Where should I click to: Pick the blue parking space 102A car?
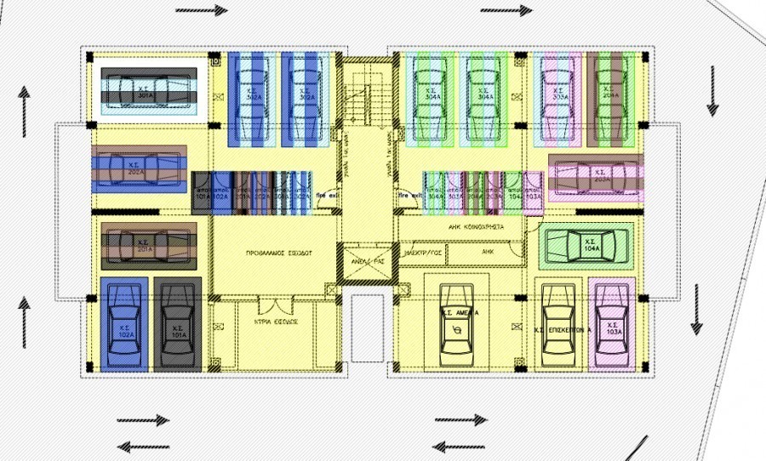(x=124, y=323)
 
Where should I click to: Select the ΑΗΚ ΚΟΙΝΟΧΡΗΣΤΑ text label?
(x=476, y=228)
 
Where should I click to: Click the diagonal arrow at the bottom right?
(x=632, y=447)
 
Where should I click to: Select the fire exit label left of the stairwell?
(x=327, y=195)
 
